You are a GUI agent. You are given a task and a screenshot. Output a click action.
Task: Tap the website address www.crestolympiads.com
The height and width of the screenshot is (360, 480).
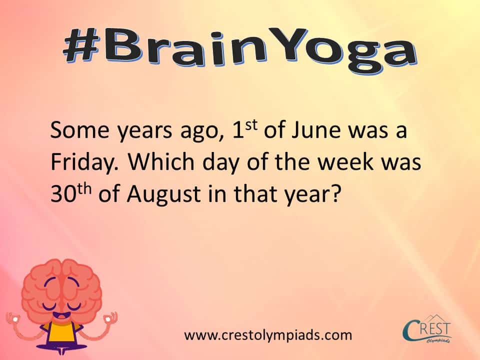pyautogui.click(x=268, y=334)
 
